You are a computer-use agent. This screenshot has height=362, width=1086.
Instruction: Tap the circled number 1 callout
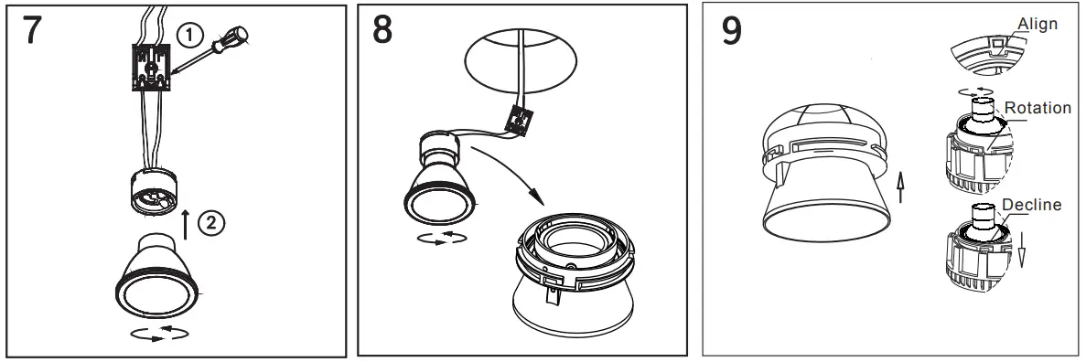coord(188,37)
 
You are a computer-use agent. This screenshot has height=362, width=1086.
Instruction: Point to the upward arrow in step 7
coord(188,223)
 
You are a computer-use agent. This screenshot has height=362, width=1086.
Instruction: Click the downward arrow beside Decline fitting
coord(1023,246)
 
